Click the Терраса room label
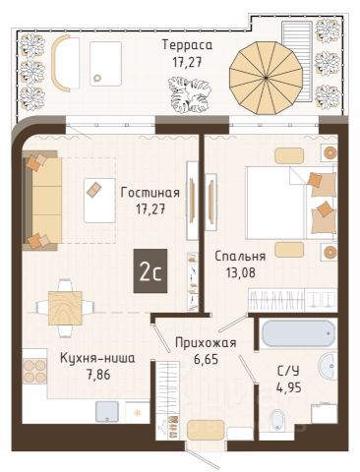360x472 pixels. pyautogui.click(x=187, y=45)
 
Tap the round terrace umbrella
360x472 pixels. pyautogui.click(x=266, y=78)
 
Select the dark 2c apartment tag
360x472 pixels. pyautogui.click(x=150, y=270)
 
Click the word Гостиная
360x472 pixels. pyautogui.click(x=150, y=193)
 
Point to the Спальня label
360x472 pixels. pyautogui.click(x=240, y=256)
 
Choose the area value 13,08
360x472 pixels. pyautogui.click(x=240, y=271)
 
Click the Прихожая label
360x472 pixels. pyautogui.click(x=206, y=343)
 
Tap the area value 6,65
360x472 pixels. pyautogui.click(x=206, y=359)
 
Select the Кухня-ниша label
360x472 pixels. pyautogui.click(x=97, y=358)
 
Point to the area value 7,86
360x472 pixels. pyautogui.click(x=97, y=374)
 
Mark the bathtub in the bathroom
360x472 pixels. pyautogui.click(x=297, y=332)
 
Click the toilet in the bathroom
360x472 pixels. pyautogui.click(x=278, y=421)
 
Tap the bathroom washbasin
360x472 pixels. pyautogui.click(x=329, y=366)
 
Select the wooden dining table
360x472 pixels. pyautogui.click(x=65, y=308)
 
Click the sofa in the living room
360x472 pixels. pyautogui.click(x=42, y=201)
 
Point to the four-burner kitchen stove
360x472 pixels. pyautogui.click(x=34, y=371)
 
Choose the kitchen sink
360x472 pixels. pyautogui.click(x=107, y=412)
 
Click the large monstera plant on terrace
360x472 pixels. pyautogui.click(x=189, y=94)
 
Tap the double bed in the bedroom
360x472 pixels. pyautogui.click(x=291, y=203)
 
